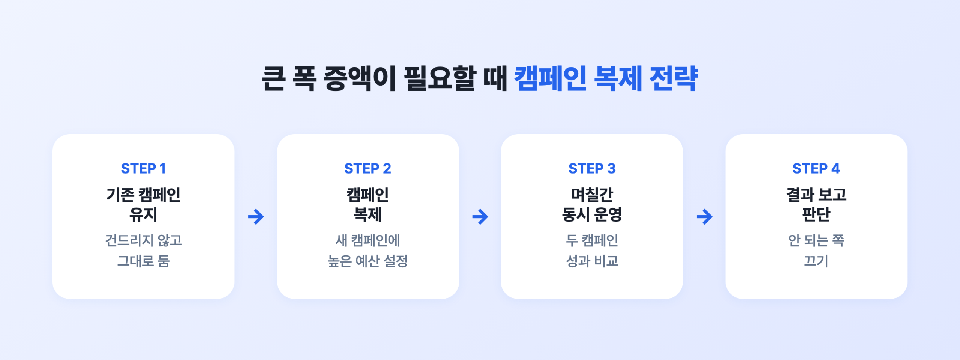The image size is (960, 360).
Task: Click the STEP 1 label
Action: [143, 169]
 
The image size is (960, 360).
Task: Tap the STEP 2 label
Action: [367, 169]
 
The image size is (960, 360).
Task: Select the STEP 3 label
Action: [592, 169]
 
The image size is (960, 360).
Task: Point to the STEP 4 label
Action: [816, 169]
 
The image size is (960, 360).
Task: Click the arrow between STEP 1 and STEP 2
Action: [256, 217]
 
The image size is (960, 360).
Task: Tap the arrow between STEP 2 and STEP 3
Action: [480, 217]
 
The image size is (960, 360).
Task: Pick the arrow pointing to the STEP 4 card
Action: [704, 217]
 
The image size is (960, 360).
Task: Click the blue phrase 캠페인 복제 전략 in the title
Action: [606, 78]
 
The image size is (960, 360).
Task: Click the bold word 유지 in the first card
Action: [143, 214]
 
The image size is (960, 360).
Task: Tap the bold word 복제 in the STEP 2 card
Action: [367, 214]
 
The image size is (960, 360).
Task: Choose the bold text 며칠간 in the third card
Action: [592, 195]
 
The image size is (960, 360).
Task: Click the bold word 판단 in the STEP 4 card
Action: [816, 214]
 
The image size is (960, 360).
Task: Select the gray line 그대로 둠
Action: [143, 261]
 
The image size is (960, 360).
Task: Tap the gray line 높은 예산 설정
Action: [367, 261]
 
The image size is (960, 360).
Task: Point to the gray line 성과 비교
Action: [592, 261]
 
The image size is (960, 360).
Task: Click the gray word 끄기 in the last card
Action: [816, 261]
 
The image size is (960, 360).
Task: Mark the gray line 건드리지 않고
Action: [143, 240]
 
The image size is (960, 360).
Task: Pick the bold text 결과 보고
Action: [816, 195]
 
